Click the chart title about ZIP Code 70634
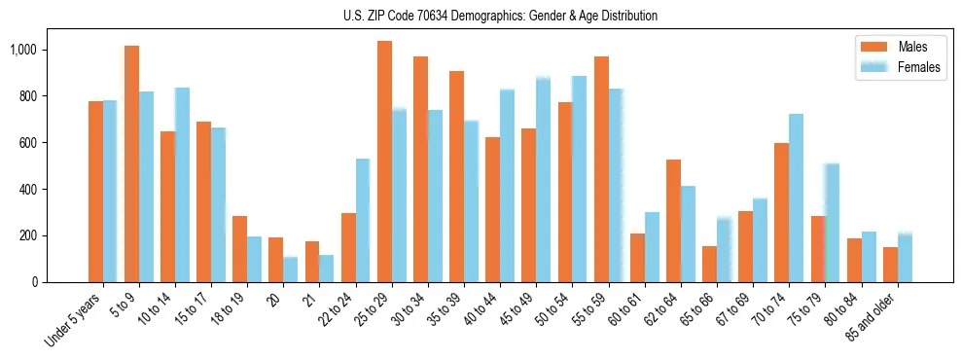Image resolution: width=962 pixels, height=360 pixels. point(500,16)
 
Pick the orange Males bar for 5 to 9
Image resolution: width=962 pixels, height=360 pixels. point(131,163)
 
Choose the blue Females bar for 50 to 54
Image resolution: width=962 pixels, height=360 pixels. point(580,179)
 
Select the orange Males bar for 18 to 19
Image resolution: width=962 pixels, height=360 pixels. point(239,249)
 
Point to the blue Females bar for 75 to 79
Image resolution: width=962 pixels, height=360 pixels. point(832,223)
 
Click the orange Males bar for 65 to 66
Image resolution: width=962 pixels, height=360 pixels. point(709,264)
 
